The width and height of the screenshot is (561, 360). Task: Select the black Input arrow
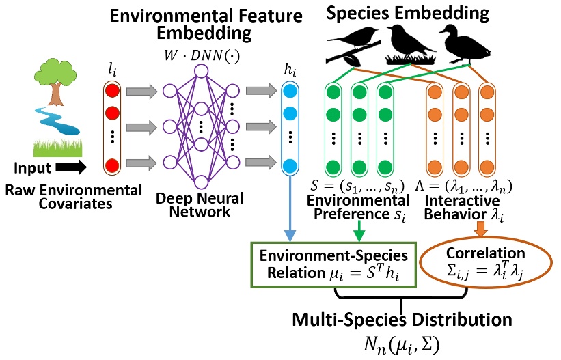click(70, 166)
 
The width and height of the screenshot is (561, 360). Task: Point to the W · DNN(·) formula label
click(202, 53)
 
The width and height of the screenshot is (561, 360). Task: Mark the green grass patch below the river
click(58, 146)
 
